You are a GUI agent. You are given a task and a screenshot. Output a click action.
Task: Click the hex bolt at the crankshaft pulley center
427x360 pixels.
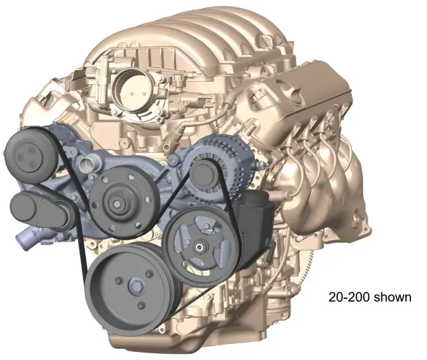pyautogui.click(x=135, y=286)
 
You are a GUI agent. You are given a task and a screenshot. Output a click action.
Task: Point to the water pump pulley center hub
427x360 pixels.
pyautogui.click(x=116, y=203)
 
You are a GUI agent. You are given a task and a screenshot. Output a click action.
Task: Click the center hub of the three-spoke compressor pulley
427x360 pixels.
pyautogui.click(x=200, y=247)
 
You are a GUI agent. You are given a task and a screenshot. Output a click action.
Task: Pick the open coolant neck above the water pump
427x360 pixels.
pyautogui.click(x=88, y=164)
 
